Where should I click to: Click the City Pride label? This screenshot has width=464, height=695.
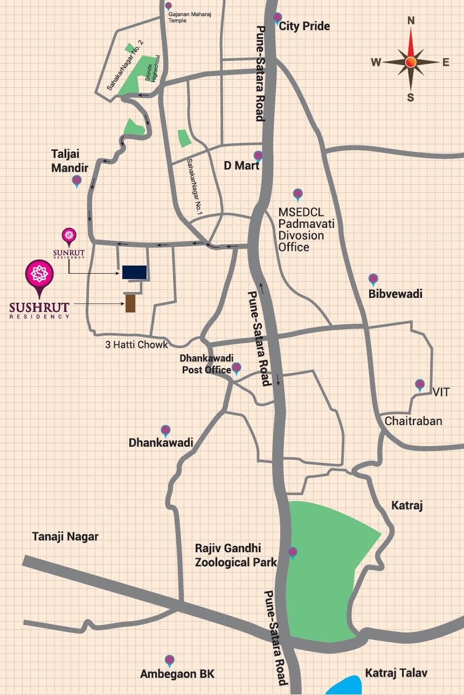click(304, 26)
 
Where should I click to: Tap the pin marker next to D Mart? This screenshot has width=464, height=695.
click(258, 156)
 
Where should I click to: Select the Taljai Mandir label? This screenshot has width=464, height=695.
click(70, 161)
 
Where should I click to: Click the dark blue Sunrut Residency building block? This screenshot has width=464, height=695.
click(134, 272)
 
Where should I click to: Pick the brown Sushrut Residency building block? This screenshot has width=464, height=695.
click(130, 304)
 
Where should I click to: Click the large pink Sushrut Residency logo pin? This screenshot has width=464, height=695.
click(39, 275)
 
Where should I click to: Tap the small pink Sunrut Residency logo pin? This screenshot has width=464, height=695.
click(68, 235)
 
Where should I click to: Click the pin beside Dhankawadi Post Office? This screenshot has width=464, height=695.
click(236, 369)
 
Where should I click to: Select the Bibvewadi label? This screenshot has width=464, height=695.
click(396, 294)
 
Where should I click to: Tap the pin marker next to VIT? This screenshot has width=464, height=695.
click(420, 385)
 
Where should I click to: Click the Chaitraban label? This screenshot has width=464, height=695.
click(413, 421)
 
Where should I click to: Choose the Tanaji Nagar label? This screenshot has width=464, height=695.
click(65, 537)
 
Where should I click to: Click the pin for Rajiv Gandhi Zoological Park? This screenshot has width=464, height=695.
click(293, 552)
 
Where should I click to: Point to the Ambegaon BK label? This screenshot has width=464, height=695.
click(177, 674)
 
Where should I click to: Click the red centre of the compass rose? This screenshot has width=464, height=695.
click(411, 62)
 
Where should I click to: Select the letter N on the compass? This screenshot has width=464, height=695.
click(411, 21)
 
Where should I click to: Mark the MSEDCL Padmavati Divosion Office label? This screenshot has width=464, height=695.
click(307, 229)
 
